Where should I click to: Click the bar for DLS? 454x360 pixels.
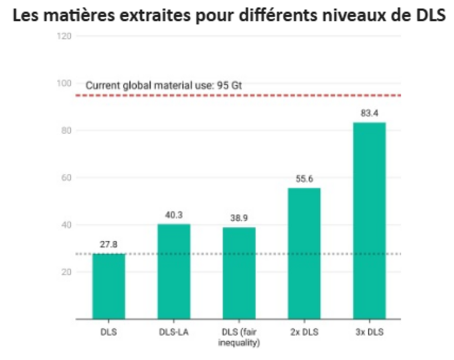[x=109, y=286]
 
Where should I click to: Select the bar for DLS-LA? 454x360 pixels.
[x=174, y=272]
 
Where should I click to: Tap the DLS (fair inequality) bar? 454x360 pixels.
[x=239, y=273]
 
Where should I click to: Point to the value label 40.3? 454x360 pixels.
[x=174, y=216]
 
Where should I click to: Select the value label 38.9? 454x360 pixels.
[x=239, y=219]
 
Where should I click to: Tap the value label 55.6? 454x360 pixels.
[x=304, y=180]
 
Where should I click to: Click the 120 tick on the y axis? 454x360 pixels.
[x=64, y=36]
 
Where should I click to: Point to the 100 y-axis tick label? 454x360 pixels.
[x=64, y=83]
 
